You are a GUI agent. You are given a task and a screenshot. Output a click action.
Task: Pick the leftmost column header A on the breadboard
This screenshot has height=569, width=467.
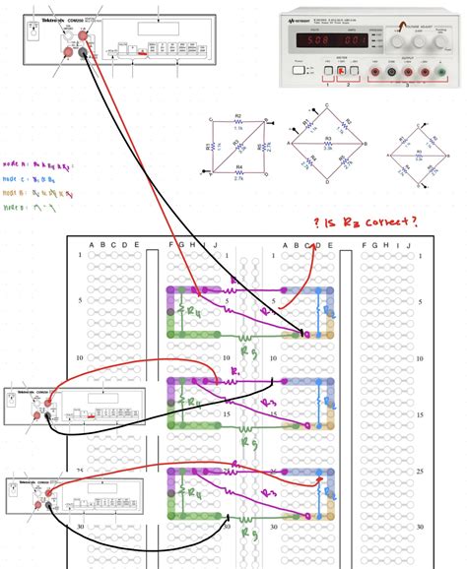pyautogui.click(x=92, y=245)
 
